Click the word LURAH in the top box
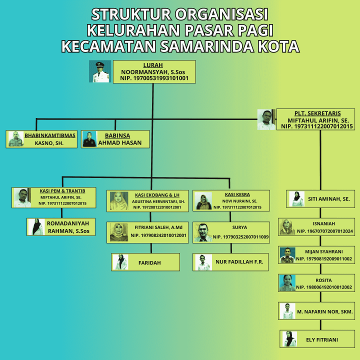(153, 65)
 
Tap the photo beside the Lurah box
(100, 71)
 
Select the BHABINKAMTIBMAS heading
(50, 135)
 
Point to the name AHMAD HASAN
(120, 142)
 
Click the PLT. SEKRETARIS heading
(317, 113)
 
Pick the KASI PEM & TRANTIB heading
(62, 191)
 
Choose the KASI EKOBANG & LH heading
(157, 195)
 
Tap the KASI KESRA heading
(237, 194)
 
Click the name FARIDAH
(149, 262)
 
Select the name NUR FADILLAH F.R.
(239, 261)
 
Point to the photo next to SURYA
(203, 232)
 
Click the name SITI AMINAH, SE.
(329, 199)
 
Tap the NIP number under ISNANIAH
(325, 231)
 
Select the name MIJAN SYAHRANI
(323, 251)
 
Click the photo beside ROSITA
(287, 283)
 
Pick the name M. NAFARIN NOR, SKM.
(325, 311)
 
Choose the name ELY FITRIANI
(322, 339)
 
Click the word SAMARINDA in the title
(207, 46)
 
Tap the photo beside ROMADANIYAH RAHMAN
(36, 227)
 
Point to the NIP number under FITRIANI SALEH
(158, 235)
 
